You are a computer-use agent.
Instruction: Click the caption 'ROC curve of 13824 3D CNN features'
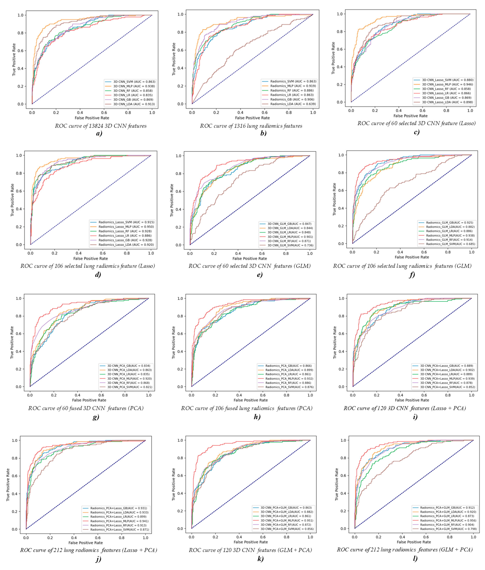(101, 126)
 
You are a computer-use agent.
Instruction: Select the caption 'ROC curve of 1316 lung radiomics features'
(251, 126)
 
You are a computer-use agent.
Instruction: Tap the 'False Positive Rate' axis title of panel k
(251, 542)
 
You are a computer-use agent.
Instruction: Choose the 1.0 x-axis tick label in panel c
(470, 111)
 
